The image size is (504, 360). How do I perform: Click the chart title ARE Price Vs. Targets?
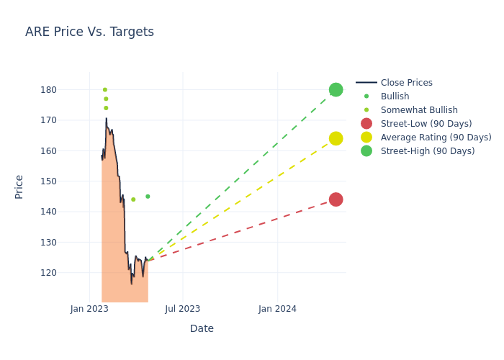(x=89, y=32)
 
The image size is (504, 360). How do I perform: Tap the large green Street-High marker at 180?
(x=336, y=90)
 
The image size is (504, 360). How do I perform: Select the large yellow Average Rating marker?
(x=336, y=138)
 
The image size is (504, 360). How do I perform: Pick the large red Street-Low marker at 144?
(x=336, y=199)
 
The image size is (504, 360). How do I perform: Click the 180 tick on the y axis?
(x=69, y=90)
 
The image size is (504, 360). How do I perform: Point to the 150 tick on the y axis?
(x=69, y=181)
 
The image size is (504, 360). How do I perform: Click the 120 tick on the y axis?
(x=69, y=273)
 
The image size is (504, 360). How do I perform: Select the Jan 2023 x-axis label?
(x=89, y=309)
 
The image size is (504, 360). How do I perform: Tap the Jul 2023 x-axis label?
(x=182, y=309)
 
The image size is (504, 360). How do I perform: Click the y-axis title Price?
(x=19, y=186)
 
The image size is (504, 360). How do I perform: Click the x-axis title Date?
(x=202, y=328)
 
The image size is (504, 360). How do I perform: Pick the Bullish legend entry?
(x=395, y=96)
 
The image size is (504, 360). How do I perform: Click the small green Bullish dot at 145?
(x=148, y=197)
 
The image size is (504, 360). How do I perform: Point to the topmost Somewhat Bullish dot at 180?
(x=104, y=90)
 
